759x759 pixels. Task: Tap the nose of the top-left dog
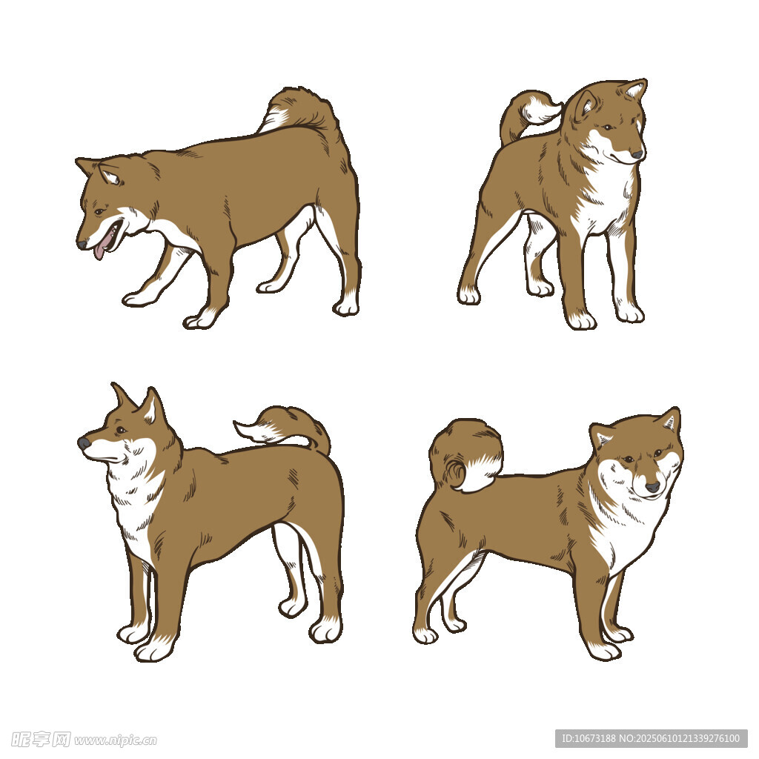[x=82, y=243]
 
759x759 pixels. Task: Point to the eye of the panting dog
[x=99, y=211]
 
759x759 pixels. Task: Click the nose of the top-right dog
[x=637, y=154]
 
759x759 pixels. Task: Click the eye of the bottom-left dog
[x=121, y=430]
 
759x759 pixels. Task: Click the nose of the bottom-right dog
[x=652, y=486]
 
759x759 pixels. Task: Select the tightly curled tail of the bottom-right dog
[x=465, y=456]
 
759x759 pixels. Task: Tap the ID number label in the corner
[x=651, y=739]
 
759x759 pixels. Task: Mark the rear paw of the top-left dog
[x=346, y=307]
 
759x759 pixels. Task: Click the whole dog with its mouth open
[x=218, y=208]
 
